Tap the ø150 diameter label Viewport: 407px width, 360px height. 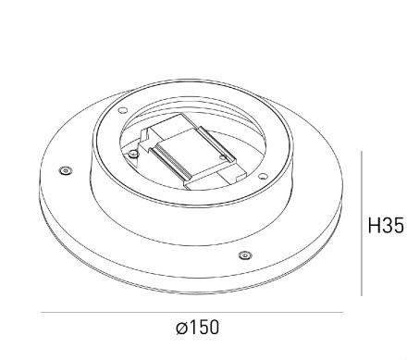197,328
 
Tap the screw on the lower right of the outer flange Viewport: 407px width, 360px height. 243,254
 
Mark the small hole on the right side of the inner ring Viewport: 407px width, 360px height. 265,175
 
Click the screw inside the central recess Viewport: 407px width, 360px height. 135,152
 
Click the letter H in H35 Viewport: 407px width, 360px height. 374,225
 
